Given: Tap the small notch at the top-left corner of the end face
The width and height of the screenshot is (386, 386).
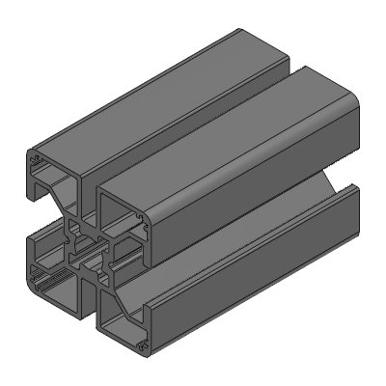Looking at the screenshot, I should pyautogui.click(x=37, y=160).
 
